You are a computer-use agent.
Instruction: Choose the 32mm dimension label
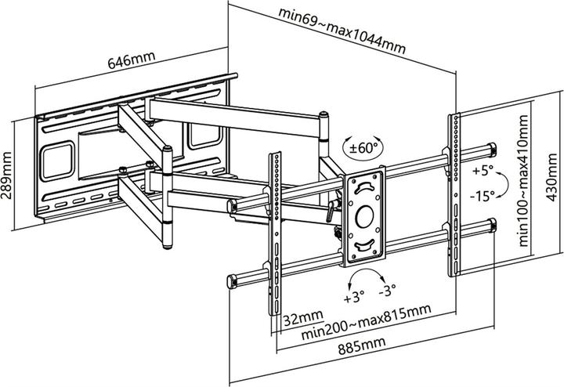point(298,319)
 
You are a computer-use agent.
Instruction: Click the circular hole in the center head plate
point(366,214)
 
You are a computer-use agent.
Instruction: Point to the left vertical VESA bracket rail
point(276,235)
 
